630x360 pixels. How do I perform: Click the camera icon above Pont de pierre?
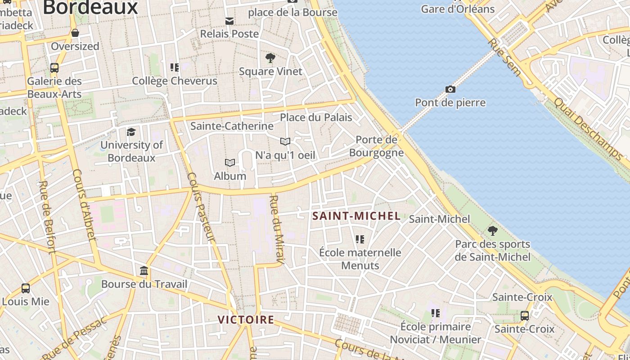click(450, 89)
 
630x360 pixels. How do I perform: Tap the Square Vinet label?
click(270, 71)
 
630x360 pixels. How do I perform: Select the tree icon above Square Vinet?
click(270, 58)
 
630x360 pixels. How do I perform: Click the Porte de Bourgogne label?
click(376, 146)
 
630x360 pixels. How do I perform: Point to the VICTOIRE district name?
click(246, 320)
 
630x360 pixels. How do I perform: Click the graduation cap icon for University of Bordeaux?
click(131, 132)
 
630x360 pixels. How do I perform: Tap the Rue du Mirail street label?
click(277, 229)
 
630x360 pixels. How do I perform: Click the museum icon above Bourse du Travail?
click(144, 271)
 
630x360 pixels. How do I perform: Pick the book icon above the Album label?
click(230, 162)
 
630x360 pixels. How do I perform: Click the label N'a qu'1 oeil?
click(285, 155)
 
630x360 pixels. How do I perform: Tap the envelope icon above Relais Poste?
click(229, 21)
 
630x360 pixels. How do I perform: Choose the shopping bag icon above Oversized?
click(75, 33)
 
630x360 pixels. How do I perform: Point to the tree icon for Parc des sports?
click(493, 231)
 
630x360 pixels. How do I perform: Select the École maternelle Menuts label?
click(360, 259)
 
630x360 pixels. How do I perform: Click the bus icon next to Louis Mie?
click(26, 288)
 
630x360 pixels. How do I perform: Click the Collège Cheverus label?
click(175, 81)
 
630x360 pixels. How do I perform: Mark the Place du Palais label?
click(316, 117)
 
